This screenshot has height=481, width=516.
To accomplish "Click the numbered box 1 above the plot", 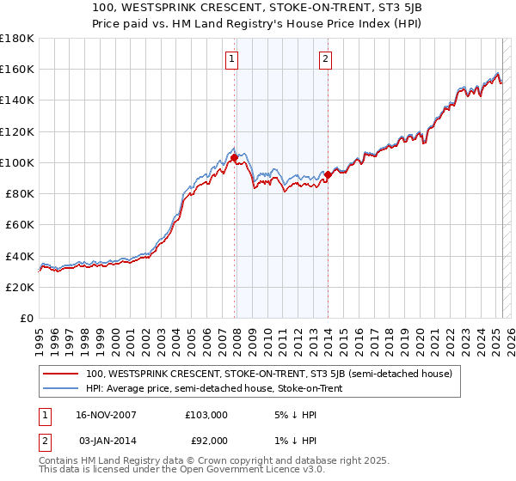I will [x=233, y=59].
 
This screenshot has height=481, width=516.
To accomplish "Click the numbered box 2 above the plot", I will [x=327, y=59].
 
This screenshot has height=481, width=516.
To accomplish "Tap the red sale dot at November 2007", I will [x=234, y=157].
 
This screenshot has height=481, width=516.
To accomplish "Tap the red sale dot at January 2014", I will [x=328, y=174].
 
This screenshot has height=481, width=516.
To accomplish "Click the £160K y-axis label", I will [x=17, y=69].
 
